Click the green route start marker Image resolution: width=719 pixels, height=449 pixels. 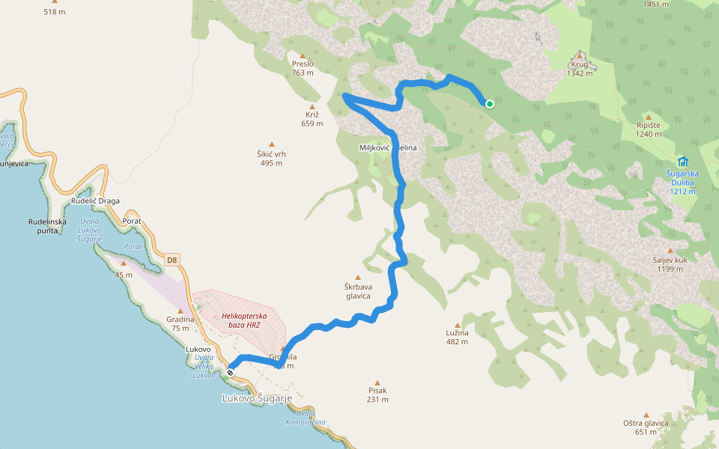[x=489, y=104]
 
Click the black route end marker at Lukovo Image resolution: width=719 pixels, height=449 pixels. [x=231, y=372]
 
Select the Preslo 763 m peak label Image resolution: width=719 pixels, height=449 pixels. [x=303, y=68]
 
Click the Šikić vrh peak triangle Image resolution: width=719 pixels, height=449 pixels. [x=272, y=144]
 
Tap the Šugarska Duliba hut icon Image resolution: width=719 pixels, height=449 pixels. [x=682, y=161]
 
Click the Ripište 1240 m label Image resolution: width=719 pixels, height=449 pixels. [x=649, y=129]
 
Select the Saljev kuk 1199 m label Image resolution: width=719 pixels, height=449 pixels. [x=670, y=264]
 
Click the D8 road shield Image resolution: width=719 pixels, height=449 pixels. [x=172, y=260]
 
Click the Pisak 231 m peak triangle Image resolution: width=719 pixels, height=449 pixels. [x=377, y=382]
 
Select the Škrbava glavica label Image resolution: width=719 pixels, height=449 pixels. [x=359, y=291]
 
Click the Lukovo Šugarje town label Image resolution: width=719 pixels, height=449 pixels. [x=257, y=398]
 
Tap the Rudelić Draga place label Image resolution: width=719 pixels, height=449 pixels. [x=95, y=201]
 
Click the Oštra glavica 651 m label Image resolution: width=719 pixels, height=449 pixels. [x=645, y=427]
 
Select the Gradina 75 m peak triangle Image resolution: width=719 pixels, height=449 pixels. [x=180, y=311]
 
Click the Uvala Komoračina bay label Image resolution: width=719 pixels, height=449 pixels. [x=306, y=418]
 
